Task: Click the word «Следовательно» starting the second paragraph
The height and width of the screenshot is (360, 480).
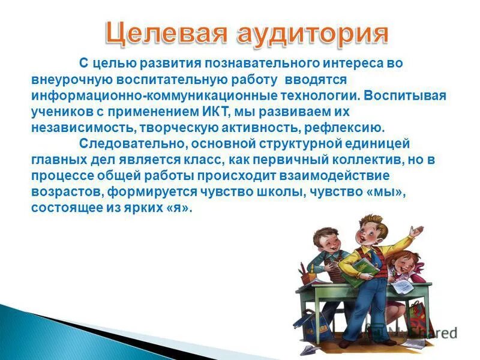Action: (124, 144)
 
